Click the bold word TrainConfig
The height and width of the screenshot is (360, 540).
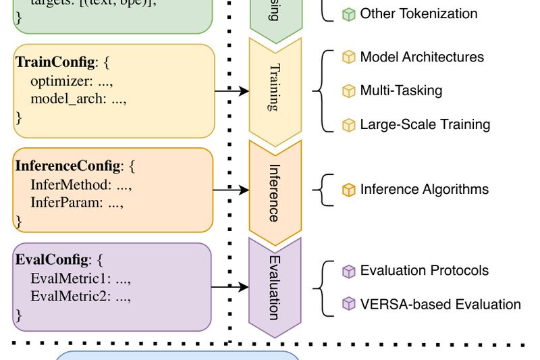(x=55, y=63)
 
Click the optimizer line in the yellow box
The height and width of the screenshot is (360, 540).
(x=71, y=81)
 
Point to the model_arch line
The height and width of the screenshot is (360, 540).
(x=78, y=99)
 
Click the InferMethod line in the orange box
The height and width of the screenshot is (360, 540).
(x=80, y=184)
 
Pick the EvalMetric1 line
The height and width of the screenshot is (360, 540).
(x=80, y=278)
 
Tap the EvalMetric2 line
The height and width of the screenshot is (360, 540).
(x=80, y=296)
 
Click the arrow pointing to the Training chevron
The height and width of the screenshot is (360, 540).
(x=232, y=91)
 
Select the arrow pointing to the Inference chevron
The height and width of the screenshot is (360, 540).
(x=231, y=191)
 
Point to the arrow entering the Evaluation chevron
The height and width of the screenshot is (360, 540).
(x=230, y=288)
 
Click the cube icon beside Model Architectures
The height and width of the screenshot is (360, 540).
(x=348, y=57)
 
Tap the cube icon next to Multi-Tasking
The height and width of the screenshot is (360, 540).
(x=348, y=91)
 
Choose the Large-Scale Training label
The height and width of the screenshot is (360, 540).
(x=425, y=124)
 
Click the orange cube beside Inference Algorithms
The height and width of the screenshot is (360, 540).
(x=348, y=190)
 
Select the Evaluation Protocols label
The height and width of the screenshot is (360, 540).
(x=424, y=271)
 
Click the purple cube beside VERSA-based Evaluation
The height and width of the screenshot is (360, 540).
(x=348, y=304)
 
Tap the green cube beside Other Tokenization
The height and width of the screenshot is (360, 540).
(x=348, y=14)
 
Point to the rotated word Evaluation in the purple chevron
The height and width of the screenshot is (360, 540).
(x=273, y=288)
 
